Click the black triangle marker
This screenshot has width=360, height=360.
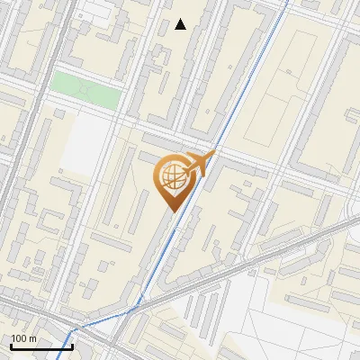point(181,24)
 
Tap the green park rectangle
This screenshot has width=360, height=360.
point(85,90)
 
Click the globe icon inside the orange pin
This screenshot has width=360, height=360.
point(175,177)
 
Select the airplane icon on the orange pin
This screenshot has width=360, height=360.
point(200,166)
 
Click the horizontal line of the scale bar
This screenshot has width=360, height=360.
point(41,346)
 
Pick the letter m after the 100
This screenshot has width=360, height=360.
point(32,338)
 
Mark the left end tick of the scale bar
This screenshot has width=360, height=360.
point(11,345)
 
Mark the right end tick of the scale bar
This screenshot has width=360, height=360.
point(72,345)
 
